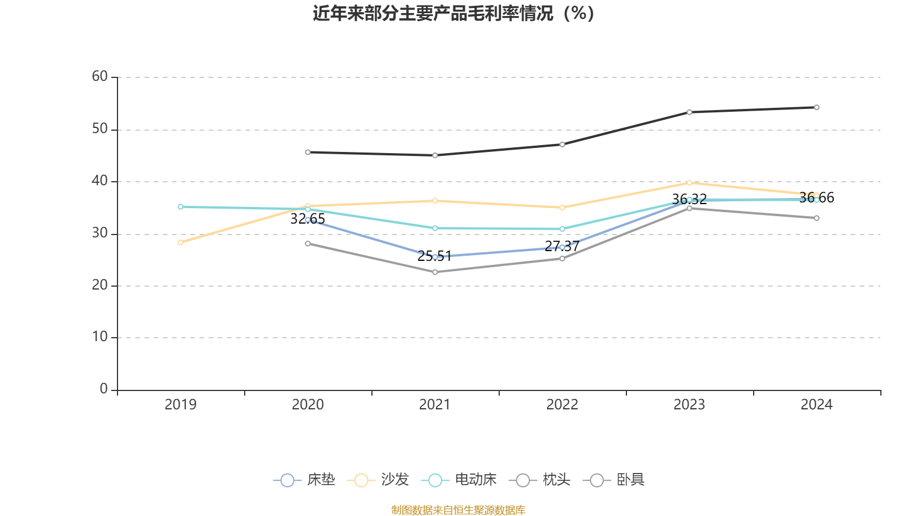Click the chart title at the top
(453, 13)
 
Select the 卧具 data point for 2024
(816, 107)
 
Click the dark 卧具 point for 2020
(308, 152)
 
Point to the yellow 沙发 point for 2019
(181, 243)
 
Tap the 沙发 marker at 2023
(689, 183)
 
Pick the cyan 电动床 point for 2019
(181, 206)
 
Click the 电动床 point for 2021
(435, 228)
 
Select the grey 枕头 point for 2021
(435, 272)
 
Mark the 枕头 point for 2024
(816, 218)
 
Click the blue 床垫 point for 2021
(435, 257)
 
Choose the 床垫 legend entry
(304, 480)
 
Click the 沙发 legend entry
(378, 480)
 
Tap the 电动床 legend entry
(458, 480)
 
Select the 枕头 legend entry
(540, 480)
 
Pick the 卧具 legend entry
(614, 480)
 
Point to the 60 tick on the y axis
(100, 76)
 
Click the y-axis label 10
(100, 337)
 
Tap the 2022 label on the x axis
(562, 405)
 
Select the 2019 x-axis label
(181, 405)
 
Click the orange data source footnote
(458, 510)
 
